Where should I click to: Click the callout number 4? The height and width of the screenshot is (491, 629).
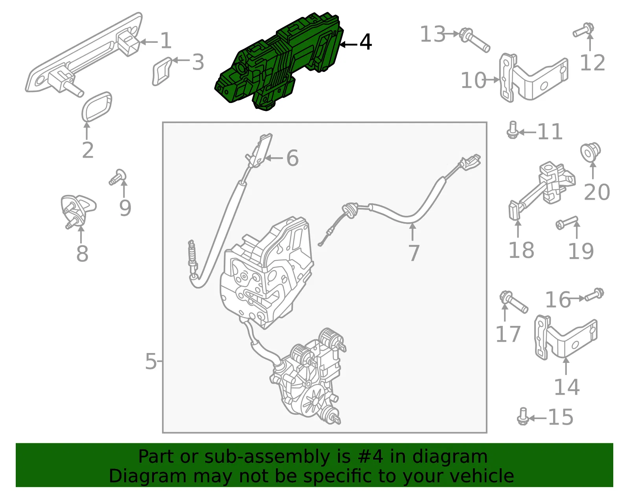click(366, 42)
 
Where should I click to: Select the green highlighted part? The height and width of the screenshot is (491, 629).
click(280, 61)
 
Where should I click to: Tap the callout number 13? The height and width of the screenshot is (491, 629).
click(433, 34)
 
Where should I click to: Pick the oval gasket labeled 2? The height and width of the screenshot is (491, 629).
click(97, 107)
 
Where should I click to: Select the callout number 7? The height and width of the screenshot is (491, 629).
click(414, 253)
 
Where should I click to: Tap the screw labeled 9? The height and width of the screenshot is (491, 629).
click(118, 177)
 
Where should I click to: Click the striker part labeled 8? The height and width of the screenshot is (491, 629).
click(77, 210)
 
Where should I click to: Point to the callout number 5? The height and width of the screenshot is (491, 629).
click(151, 361)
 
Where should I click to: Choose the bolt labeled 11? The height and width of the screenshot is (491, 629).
click(513, 130)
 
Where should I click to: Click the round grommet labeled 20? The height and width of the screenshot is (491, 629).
click(590, 152)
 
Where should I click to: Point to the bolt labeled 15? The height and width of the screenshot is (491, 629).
click(523, 416)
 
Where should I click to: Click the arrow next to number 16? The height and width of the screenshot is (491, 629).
click(577, 298)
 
